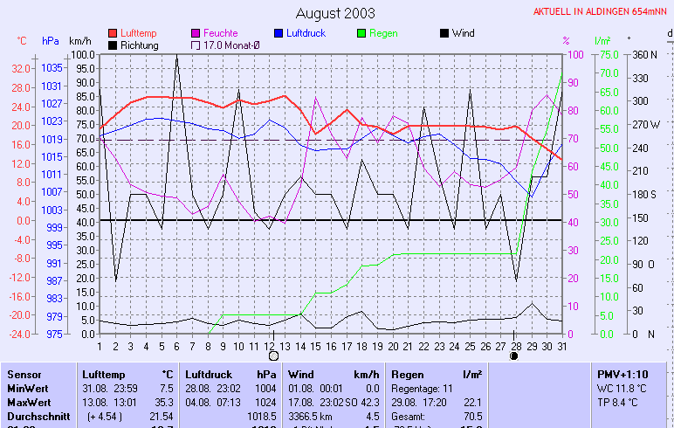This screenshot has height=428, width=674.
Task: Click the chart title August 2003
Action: pyautogui.click(x=335, y=13)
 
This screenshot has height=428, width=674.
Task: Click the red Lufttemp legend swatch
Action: pyautogui.click(x=113, y=33)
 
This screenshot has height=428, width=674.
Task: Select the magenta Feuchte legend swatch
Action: pyautogui.click(x=196, y=33)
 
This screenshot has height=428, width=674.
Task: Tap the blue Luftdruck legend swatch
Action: pyautogui.click(x=279, y=33)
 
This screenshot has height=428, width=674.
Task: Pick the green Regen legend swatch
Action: pyautogui.click(x=361, y=33)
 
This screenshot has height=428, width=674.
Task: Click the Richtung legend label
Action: pyautogui.click(x=140, y=45)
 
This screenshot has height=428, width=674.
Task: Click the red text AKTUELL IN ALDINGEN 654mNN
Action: pyautogui.click(x=602, y=12)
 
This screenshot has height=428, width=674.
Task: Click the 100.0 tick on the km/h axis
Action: pyautogui.click(x=83, y=54)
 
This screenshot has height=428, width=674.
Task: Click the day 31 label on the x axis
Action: pyautogui.click(x=561, y=346)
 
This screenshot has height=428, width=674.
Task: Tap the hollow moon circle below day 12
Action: pyautogui.click(x=273, y=356)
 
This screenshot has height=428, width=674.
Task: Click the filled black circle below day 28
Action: pyautogui.click(x=514, y=356)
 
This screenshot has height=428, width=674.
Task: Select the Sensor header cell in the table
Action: pyautogui.click(x=24, y=374)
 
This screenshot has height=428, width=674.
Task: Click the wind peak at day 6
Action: pyautogui.click(x=176, y=56)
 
